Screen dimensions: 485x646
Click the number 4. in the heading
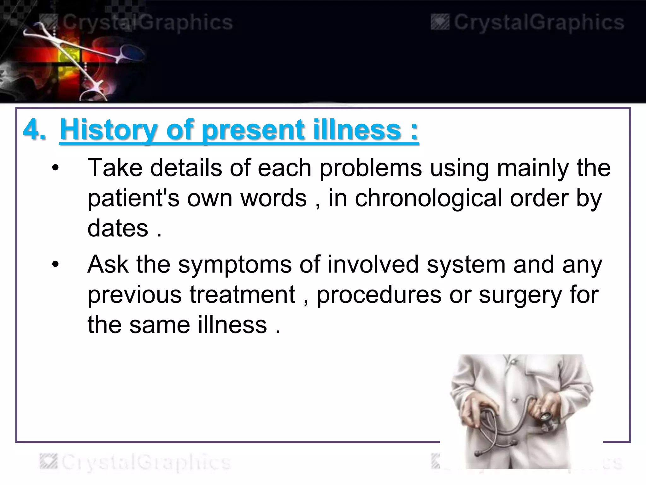click(x=34, y=130)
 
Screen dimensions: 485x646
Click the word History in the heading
click(x=109, y=130)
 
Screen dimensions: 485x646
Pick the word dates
click(x=118, y=228)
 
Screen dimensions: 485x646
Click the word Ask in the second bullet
click(x=108, y=264)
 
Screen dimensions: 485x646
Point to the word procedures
click(x=379, y=295)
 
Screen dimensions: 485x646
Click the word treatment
click(x=242, y=294)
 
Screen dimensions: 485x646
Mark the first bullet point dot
click(x=56, y=168)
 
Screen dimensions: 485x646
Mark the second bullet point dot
click(x=56, y=265)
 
